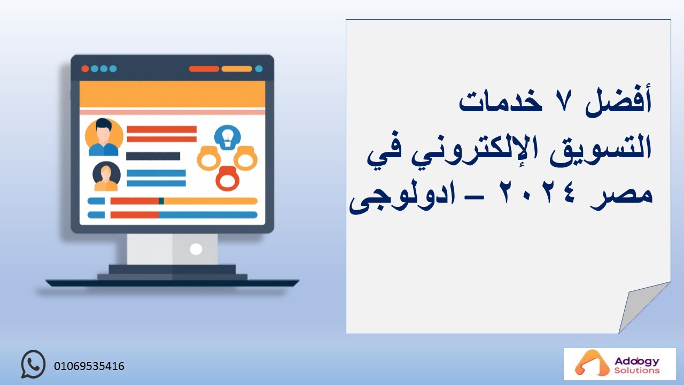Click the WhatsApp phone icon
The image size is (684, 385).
click(x=33, y=364)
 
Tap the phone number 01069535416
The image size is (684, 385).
click(x=89, y=366)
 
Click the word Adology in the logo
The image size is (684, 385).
click(x=637, y=361)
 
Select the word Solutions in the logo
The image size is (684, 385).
click(x=637, y=371)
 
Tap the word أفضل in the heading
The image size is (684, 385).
click(x=618, y=101)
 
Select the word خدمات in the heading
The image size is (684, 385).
click(x=500, y=101)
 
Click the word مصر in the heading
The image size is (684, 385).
click(x=621, y=197)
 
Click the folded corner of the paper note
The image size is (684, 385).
click(x=641, y=307)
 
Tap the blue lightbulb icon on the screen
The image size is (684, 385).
click(x=227, y=137)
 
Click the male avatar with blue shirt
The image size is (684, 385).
click(x=104, y=137)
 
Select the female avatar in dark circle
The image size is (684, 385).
click(x=106, y=176)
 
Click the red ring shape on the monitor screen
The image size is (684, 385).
click(x=227, y=179)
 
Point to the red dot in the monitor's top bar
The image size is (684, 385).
click(x=85, y=69)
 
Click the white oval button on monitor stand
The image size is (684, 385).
click(x=196, y=249)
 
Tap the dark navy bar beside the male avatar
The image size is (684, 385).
click(x=153, y=156)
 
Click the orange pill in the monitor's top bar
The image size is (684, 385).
click(x=237, y=69)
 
